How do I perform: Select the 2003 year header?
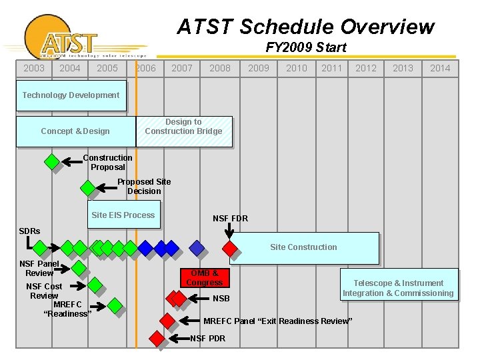coord(33,68)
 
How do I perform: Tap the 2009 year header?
coord(258,68)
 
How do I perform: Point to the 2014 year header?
coord(439,68)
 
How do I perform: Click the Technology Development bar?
coord(71,95)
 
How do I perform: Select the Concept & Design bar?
coord(75,131)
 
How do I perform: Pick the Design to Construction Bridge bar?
coord(183,131)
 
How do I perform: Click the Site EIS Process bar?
coord(123,215)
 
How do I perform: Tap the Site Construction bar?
coord(303,247)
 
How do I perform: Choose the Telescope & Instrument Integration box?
coord(398,288)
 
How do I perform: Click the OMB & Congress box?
coord(204,278)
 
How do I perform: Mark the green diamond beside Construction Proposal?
coord(51,161)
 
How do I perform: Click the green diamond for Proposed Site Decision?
coord(87,189)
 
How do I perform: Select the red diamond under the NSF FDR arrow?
coord(230,249)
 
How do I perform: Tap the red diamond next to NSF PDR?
coord(157,339)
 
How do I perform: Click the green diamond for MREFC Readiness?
coord(115,305)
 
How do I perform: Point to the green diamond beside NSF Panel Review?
coord(79,268)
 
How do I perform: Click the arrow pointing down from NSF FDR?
coord(229,230)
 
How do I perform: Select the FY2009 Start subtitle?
coord(305,47)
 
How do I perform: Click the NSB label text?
coord(221,299)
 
